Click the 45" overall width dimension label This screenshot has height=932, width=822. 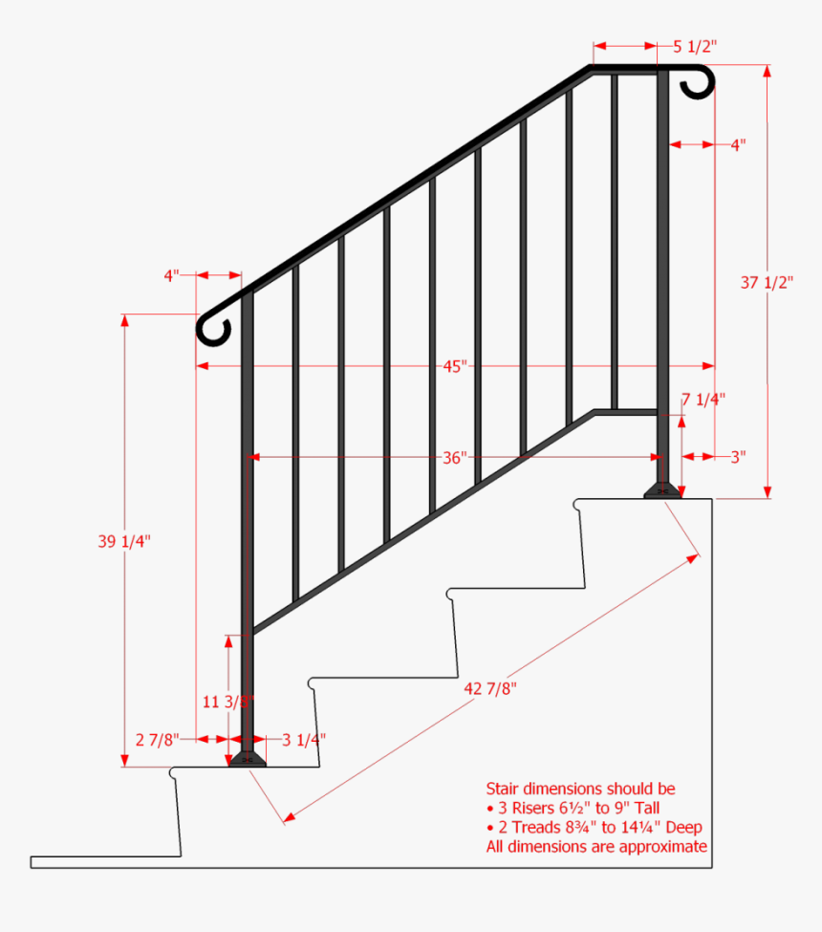455,366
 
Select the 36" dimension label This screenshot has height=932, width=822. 455,458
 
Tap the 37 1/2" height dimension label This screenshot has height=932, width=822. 768,282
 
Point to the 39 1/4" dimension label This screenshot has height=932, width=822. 124,541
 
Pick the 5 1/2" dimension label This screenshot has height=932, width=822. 695,46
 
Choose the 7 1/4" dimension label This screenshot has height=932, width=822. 703,399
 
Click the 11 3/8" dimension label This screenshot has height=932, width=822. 227,700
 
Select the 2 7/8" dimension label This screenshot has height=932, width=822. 155,739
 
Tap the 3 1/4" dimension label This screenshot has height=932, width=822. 304,739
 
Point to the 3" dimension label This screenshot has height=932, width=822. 738,457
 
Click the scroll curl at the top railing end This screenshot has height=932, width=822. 699,82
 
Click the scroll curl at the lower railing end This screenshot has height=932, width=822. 213,326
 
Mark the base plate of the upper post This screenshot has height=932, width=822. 662,491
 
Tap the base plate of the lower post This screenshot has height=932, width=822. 248,759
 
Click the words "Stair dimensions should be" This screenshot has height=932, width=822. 580,790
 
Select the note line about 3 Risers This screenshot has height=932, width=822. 573,809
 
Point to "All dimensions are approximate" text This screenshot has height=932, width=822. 596,847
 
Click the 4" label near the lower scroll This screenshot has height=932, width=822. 172,276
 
